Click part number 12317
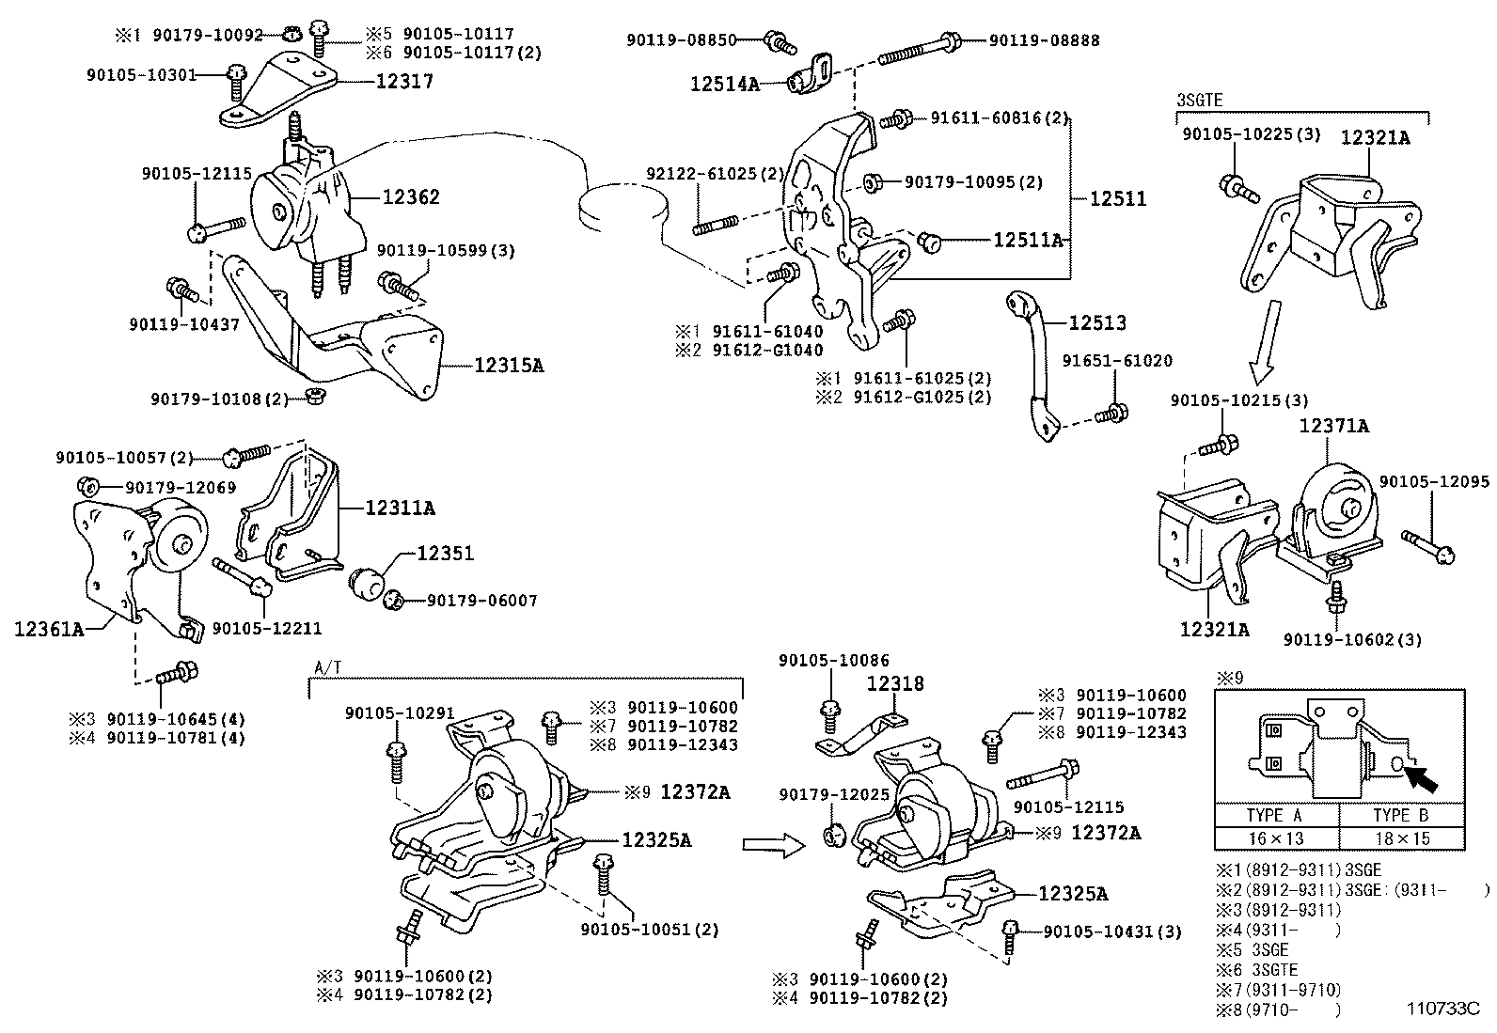pyautogui.click(x=404, y=82)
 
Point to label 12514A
pyautogui.click(x=723, y=84)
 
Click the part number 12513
pyautogui.click(x=1096, y=322)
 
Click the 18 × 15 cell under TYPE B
pyautogui.click(x=1401, y=837)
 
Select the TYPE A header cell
pyautogui.click(x=1276, y=815)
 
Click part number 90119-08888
pyautogui.click(x=1044, y=40)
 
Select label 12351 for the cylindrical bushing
pyautogui.click(x=445, y=554)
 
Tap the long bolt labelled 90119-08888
pyautogui.click(x=917, y=49)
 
